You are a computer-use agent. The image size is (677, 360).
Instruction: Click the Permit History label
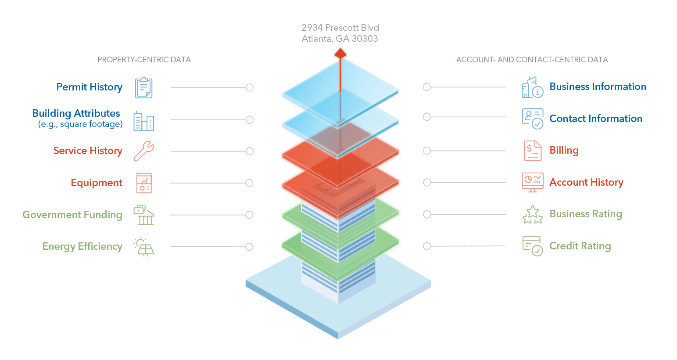click(89, 87)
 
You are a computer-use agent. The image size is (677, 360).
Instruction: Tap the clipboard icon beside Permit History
click(143, 88)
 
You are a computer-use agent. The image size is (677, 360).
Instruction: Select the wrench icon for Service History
click(144, 151)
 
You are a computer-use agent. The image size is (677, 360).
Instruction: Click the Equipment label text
click(97, 183)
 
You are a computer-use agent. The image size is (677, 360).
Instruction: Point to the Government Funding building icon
click(144, 215)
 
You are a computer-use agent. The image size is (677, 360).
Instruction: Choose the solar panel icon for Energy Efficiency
click(144, 247)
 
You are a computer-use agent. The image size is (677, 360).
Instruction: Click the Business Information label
click(598, 86)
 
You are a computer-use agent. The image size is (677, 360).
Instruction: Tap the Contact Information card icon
click(533, 119)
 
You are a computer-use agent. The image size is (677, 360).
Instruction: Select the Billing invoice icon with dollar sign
click(533, 150)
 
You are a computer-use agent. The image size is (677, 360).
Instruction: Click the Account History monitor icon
click(533, 183)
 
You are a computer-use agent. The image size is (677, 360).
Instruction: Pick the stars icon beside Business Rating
click(533, 215)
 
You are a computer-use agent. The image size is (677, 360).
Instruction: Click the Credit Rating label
click(580, 246)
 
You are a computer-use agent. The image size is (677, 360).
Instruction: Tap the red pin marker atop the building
click(340, 53)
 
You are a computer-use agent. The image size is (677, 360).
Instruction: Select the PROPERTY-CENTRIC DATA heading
click(144, 60)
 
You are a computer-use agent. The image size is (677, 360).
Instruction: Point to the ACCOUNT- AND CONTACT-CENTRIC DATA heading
click(532, 60)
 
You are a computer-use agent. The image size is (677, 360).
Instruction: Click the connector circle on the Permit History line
click(249, 87)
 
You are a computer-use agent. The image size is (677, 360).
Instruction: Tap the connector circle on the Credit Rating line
click(427, 246)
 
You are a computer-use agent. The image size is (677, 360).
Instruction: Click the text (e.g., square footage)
click(80, 124)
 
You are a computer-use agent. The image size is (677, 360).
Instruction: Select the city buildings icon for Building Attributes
click(144, 121)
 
